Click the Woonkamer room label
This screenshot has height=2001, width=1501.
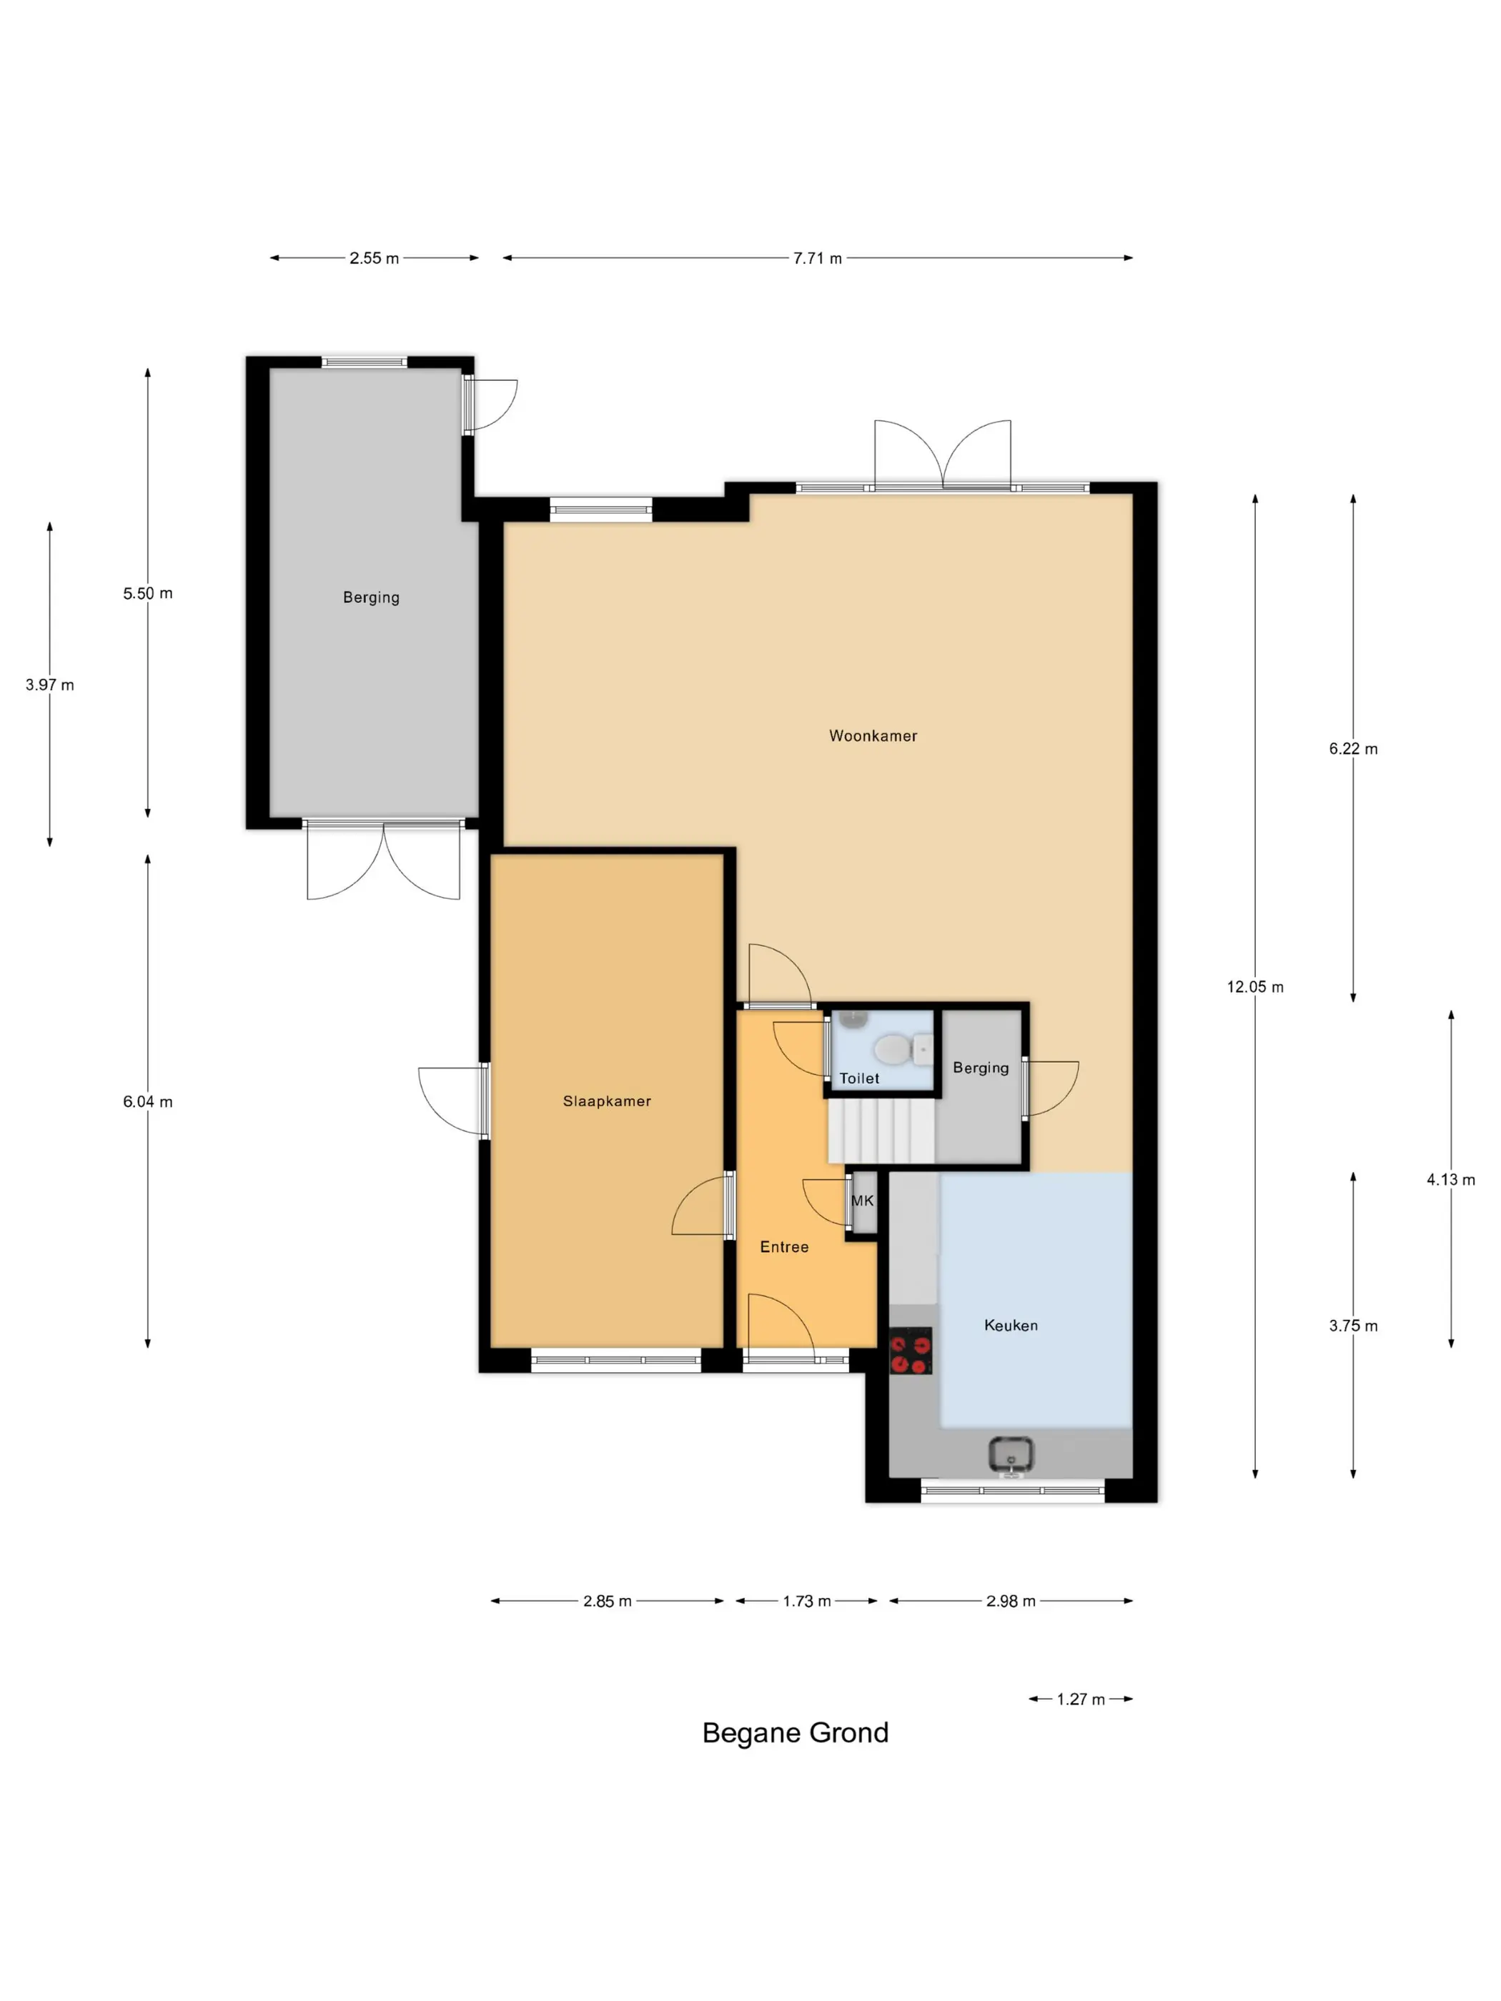point(873,735)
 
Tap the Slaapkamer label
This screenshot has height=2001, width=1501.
point(607,1101)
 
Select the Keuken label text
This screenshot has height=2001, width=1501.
point(1011,1325)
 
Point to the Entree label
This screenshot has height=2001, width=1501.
point(784,1246)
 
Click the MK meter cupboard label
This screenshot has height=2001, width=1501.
point(862,1201)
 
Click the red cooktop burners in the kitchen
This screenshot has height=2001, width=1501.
point(910,1351)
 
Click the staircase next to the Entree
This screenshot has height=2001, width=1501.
point(881,1130)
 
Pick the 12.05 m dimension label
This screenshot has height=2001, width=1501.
point(1255,987)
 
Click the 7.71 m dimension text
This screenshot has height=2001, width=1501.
point(817,258)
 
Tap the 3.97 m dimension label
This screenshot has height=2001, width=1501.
point(50,685)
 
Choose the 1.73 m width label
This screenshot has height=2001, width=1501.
point(806,1602)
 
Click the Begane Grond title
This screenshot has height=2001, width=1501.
point(796,1732)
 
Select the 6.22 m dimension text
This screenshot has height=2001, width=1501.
point(1352,748)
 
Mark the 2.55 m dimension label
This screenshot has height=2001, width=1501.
point(374,258)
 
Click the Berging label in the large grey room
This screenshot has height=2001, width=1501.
point(371,597)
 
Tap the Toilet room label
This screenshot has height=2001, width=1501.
point(858,1078)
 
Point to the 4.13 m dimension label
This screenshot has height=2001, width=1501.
point(1450,1180)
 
